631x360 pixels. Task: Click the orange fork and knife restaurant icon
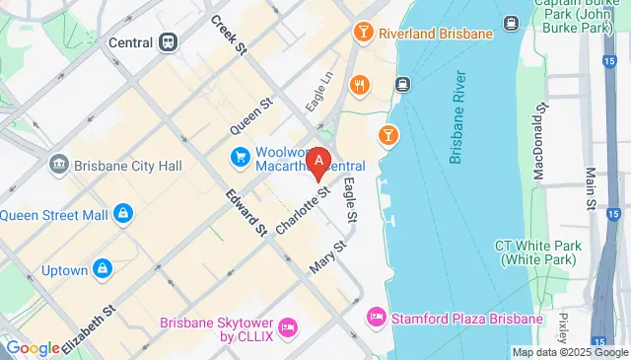tap(359, 85)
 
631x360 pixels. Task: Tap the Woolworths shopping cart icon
tap(240, 156)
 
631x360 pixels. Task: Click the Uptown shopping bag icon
tap(103, 268)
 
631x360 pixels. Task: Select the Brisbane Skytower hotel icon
tap(288, 326)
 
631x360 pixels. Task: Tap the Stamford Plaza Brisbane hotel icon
tap(376, 319)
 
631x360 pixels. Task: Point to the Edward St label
tap(246, 211)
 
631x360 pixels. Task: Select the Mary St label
tap(329, 255)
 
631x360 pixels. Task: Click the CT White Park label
tap(537, 252)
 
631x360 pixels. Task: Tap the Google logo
tap(32, 347)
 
